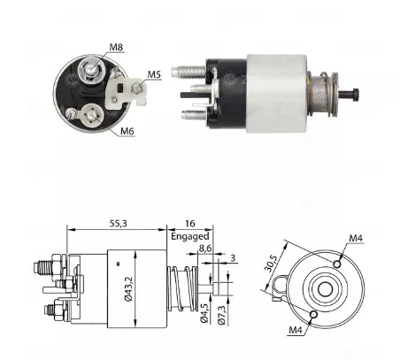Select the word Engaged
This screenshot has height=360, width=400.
point(188,237)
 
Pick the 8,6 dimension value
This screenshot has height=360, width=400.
point(205,250)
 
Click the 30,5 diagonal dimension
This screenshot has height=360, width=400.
point(273,264)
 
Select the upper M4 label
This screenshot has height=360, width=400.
point(356,237)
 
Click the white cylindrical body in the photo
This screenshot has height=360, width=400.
point(275,93)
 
